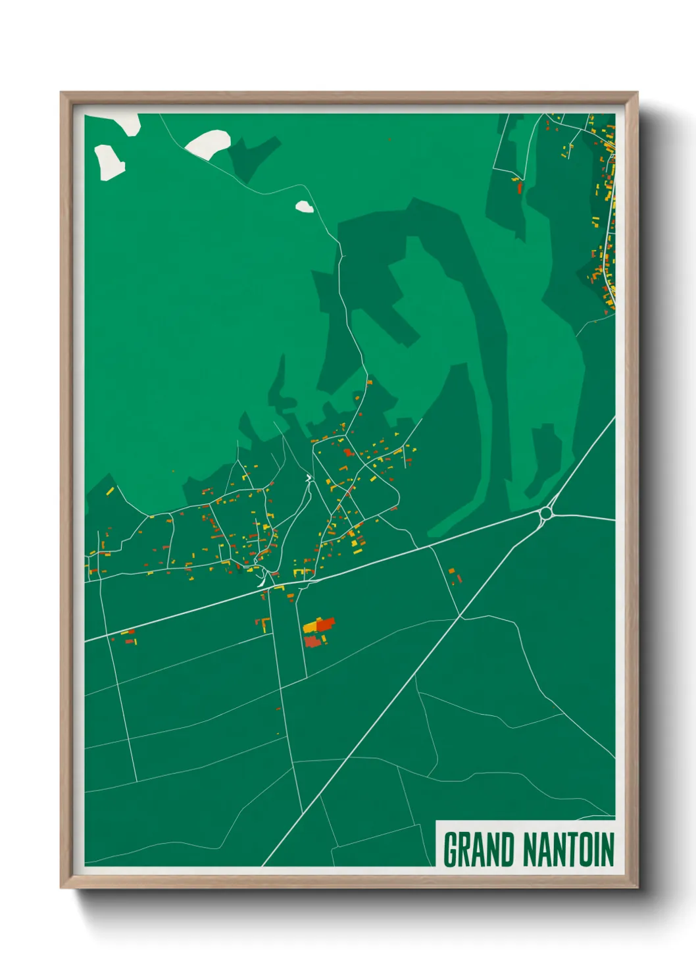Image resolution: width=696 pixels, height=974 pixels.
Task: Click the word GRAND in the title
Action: point(478,850)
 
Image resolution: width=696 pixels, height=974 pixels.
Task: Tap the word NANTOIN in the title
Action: point(569,850)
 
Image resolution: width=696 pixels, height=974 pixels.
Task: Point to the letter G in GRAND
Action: point(451,850)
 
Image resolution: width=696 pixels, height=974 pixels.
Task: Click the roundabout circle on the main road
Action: point(546,513)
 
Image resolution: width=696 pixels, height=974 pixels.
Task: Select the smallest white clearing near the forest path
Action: point(303,207)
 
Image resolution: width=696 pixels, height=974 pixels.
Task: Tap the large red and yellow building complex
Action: point(318,632)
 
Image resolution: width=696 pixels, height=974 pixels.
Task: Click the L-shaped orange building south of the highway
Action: point(264,623)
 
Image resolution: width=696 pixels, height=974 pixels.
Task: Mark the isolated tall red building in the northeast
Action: point(520,187)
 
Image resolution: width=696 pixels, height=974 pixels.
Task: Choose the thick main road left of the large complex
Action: point(197,609)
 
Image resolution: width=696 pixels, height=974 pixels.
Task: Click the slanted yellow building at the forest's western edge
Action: point(110,491)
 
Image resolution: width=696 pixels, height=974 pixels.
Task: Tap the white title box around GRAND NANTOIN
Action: point(526,844)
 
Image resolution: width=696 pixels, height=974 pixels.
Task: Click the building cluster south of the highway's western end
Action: point(127,636)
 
